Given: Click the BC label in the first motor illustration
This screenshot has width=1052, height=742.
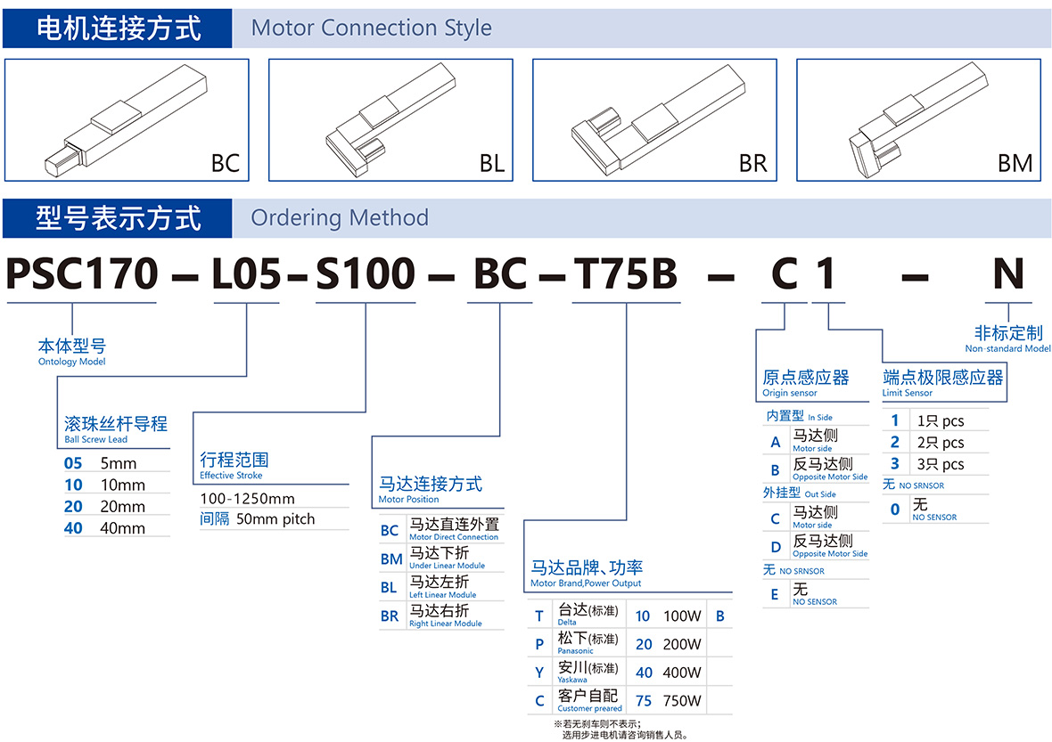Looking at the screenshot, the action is coord(226,164).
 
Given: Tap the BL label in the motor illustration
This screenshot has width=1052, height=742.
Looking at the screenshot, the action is coord(492,164).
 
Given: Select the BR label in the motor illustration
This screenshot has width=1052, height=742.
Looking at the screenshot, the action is coord(752,164).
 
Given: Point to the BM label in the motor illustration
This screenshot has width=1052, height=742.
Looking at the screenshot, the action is coord(1015,164).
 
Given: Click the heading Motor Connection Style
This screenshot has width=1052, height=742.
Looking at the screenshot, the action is coord(371,29).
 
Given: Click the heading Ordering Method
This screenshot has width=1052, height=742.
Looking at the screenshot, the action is coord(340,218).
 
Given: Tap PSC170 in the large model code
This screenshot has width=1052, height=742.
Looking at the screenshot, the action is coord(82,274).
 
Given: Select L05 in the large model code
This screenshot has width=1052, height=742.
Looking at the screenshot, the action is coord(246,274).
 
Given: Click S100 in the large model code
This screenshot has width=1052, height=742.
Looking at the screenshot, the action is coord(366,274).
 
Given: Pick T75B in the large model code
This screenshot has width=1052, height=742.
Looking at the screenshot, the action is coord(625,274).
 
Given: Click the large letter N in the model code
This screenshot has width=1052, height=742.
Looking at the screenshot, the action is coord(1008,274).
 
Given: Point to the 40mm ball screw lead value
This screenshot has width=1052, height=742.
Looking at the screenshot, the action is coord(122,528).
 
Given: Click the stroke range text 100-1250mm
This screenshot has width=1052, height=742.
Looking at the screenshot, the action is coord(247,499).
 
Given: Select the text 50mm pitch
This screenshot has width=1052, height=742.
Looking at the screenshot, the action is coord(275,519).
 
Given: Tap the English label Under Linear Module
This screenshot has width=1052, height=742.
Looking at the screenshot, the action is coord(447,566).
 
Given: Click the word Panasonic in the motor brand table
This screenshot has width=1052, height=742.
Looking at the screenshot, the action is coord(575,651).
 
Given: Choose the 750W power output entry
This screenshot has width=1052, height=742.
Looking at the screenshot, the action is coord(682,701).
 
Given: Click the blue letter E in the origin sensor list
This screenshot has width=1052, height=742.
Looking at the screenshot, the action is coord(774,594).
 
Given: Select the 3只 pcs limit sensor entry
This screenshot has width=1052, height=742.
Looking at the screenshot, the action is coord(940,464).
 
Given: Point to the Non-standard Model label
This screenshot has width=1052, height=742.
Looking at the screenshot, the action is coord(1007,348).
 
